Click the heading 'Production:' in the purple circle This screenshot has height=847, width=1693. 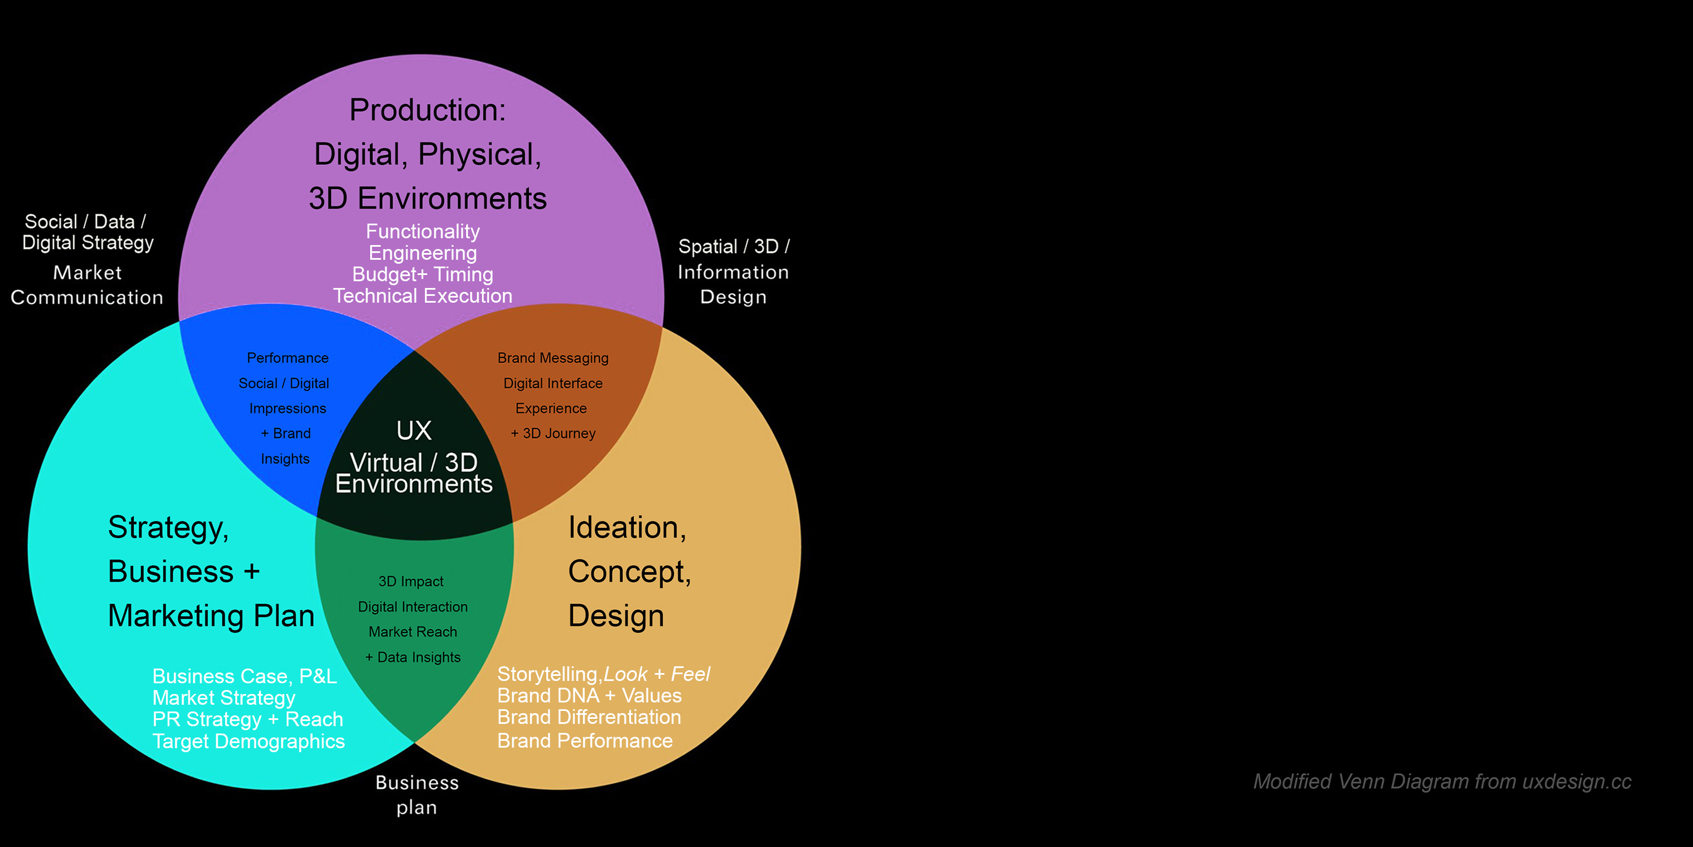(427, 110)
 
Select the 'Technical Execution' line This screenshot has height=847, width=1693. (422, 296)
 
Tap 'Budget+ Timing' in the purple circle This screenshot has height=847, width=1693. (422, 274)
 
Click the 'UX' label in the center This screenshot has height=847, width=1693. (414, 431)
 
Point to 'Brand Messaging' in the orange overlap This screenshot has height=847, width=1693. (552, 358)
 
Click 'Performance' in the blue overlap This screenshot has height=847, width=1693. (287, 358)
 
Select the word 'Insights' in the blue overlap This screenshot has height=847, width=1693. (284, 459)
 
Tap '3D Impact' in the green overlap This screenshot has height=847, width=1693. (411, 582)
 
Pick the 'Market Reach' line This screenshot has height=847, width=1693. (413, 632)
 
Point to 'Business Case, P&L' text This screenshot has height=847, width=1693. (244, 676)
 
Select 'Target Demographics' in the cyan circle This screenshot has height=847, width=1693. (248, 741)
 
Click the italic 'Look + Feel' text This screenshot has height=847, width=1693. (656, 674)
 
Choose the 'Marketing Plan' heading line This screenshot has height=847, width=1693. (211, 616)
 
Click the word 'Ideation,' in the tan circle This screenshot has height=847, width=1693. (627, 527)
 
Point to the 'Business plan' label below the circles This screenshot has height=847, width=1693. (416, 794)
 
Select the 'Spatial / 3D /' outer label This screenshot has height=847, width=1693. (734, 247)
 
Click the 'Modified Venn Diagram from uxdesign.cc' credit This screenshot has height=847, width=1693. (1441, 781)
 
